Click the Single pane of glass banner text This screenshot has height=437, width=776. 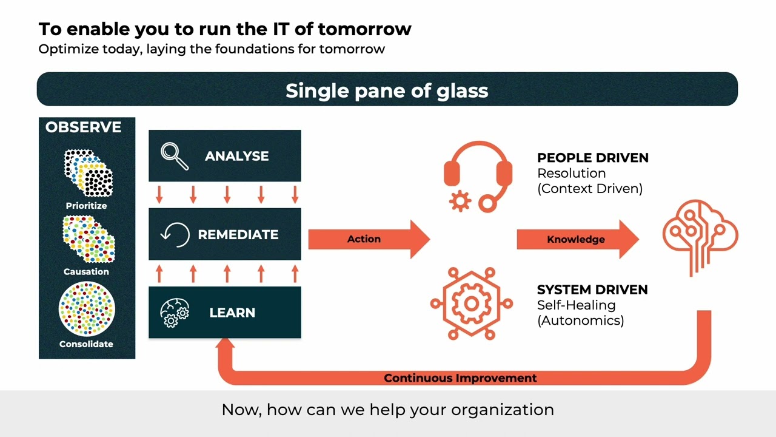(x=387, y=90)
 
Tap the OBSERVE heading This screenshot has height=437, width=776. (x=83, y=127)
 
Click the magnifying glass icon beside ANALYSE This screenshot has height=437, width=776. (x=175, y=156)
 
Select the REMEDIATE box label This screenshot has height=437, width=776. (x=238, y=235)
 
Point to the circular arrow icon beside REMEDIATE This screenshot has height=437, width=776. (x=175, y=235)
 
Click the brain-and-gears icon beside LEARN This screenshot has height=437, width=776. (x=175, y=313)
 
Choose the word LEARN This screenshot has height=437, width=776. (x=232, y=313)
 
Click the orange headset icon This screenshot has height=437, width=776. (x=478, y=176)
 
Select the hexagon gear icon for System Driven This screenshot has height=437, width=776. (x=471, y=303)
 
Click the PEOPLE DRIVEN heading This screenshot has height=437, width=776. (x=592, y=158)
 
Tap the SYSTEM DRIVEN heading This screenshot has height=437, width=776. (x=592, y=290)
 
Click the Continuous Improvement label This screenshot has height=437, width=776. (x=460, y=378)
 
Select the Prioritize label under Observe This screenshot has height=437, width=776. (x=86, y=206)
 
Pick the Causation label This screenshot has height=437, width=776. (x=86, y=272)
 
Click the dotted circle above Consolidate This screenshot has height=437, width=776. (x=86, y=310)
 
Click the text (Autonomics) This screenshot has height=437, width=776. (x=580, y=320)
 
